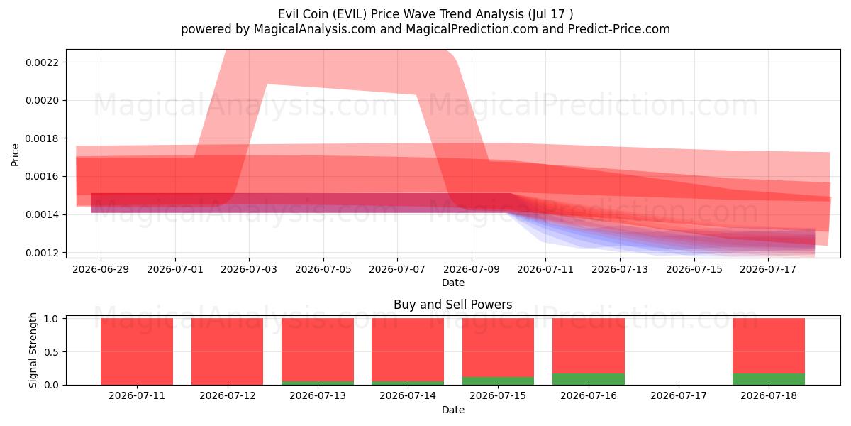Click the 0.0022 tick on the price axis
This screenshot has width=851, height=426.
[x=42, y=62]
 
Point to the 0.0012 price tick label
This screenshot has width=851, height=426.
[x=42, y=253]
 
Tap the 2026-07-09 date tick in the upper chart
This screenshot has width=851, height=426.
[x=472, y=269]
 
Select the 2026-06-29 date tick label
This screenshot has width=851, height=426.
[x=101, y=269]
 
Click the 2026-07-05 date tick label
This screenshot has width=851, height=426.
[x=323, y=269]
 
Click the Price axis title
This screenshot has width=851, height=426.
[x=15, y=155]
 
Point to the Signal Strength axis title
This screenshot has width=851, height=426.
[x=33, y=350]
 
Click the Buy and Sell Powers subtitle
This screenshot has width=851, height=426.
[x=453, y=305]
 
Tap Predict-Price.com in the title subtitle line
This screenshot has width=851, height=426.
[x=619, y=29]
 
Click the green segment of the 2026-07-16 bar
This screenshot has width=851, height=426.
[x=589, y=379]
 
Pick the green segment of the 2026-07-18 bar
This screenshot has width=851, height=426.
[x=769, y=379]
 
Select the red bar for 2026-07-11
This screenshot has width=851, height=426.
[x=137, y=351]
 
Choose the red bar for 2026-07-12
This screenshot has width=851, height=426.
[x=227, y=351]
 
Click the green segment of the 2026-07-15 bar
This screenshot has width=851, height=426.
[x=498, y=381]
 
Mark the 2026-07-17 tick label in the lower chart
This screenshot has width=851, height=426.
[x=679, y=396]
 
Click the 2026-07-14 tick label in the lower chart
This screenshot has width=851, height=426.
[x=408, y=396]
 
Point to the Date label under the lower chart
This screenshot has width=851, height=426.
[x=453, y=410]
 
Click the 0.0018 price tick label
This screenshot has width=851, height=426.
[x=42, y=138]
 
